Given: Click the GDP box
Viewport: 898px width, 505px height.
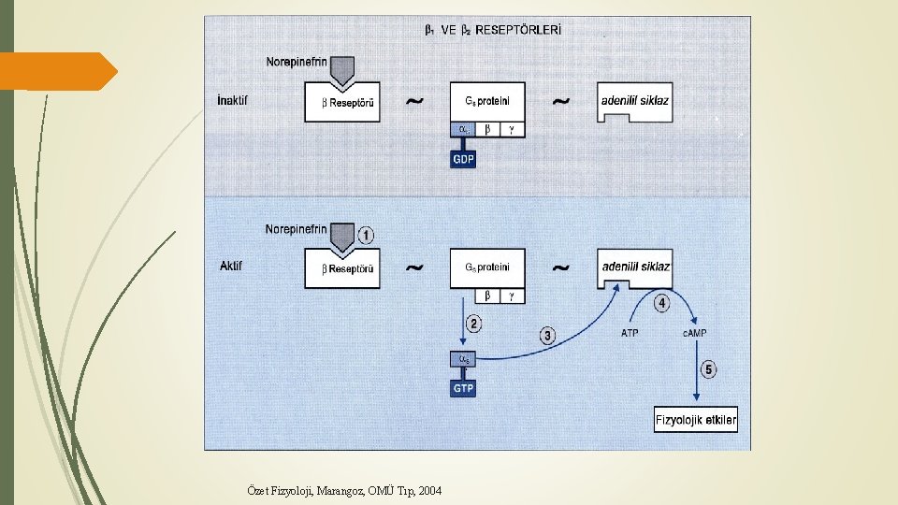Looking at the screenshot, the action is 463,159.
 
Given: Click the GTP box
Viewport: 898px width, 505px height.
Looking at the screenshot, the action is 463,388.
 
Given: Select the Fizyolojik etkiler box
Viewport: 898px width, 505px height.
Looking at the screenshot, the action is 695,420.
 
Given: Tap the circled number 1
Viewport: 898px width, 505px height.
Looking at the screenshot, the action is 366,236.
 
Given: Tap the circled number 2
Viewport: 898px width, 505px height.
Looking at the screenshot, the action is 473,325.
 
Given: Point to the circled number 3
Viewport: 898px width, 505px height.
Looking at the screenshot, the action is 547,336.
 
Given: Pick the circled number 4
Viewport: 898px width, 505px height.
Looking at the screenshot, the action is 661,303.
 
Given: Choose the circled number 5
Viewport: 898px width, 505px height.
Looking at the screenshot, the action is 708,369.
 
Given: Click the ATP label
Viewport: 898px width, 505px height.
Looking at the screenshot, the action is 630,333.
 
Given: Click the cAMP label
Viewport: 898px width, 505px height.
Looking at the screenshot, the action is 695,333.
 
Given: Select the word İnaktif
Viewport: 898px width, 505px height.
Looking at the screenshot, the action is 233,100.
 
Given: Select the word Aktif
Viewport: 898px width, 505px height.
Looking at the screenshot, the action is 231,266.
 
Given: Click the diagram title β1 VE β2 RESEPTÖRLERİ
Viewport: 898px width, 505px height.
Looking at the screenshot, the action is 493,30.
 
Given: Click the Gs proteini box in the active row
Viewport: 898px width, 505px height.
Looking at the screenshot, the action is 487,268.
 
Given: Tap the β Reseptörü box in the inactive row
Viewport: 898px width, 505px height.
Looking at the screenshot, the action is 342,103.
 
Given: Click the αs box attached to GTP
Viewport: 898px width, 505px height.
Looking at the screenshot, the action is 463,359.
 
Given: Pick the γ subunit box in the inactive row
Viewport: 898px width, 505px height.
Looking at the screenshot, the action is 512,129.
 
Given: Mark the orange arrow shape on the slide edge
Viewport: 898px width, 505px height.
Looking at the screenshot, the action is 58,71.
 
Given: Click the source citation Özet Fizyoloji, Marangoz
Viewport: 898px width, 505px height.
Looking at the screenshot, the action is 344,491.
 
